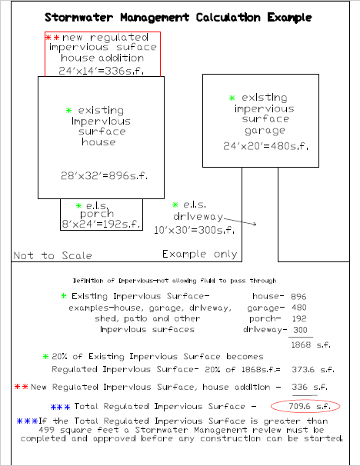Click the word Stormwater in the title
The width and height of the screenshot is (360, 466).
(x=78, y=18)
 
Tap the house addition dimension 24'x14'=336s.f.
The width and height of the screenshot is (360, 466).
(x=102, y=71)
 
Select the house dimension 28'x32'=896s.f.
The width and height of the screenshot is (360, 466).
(x=104, y=175)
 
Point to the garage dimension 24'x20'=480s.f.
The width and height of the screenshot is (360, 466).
(x=265, y=146)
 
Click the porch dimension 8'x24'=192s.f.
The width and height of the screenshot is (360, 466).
(x=101, y=224)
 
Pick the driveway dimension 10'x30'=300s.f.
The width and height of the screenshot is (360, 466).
(x=194, y=230)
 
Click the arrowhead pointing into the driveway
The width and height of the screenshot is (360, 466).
(x=254, y=224)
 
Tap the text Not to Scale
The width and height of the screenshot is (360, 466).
(x=52, y=255)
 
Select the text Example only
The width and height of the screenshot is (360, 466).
(x=200, y=254)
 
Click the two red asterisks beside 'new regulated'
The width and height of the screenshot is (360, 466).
(x=52, y=38)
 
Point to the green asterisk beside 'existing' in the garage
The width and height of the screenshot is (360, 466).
(x=232, y=98)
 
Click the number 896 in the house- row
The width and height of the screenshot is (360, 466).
(x=298, y=296)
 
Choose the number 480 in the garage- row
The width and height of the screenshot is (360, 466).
(x=299, y=308)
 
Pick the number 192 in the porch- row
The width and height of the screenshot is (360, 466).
(x=299, y=318)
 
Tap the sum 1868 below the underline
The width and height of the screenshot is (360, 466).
(x=301, y=345)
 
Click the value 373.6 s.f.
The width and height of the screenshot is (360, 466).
(x=313, y=369)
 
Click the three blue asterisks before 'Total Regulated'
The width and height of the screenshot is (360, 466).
(x=60, y=407)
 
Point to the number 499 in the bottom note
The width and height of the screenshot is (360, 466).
(x=47, y=430)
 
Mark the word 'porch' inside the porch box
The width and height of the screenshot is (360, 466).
(x=97, y=214)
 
